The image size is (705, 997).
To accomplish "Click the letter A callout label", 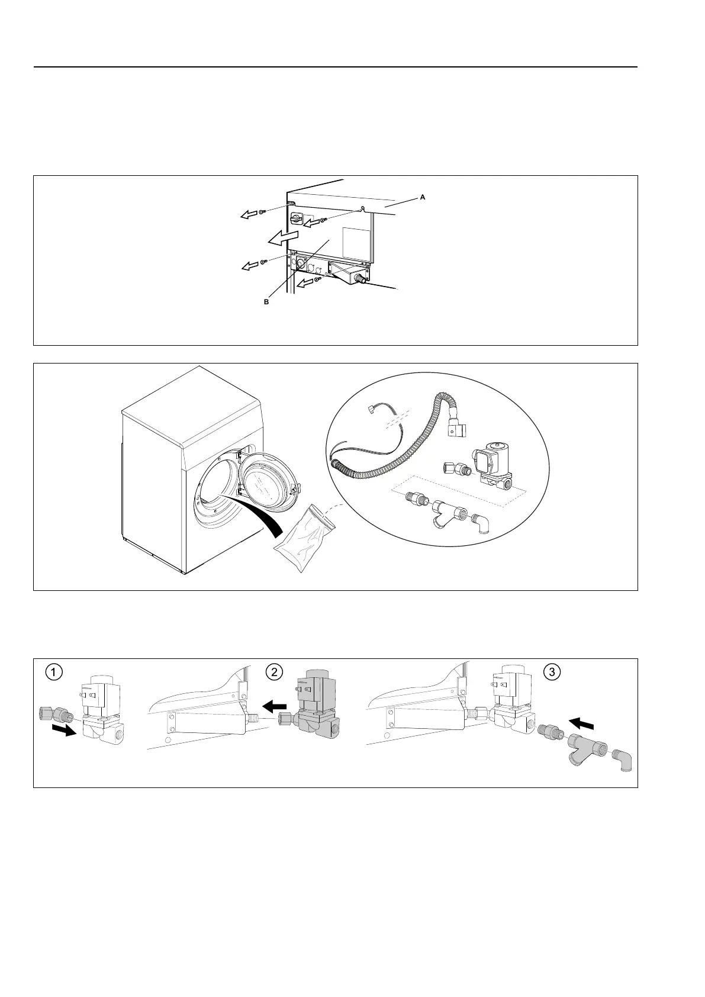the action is click(423, 198).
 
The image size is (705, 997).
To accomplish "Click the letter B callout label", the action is click(266, 301).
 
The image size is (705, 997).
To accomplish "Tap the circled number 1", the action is click(54, 672).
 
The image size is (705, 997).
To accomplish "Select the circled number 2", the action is click(273, 672).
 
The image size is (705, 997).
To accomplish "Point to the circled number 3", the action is click(552, 672).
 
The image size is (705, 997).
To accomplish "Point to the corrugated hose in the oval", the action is click(391, 450).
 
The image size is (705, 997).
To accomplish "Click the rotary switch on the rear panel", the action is click(295, 219).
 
